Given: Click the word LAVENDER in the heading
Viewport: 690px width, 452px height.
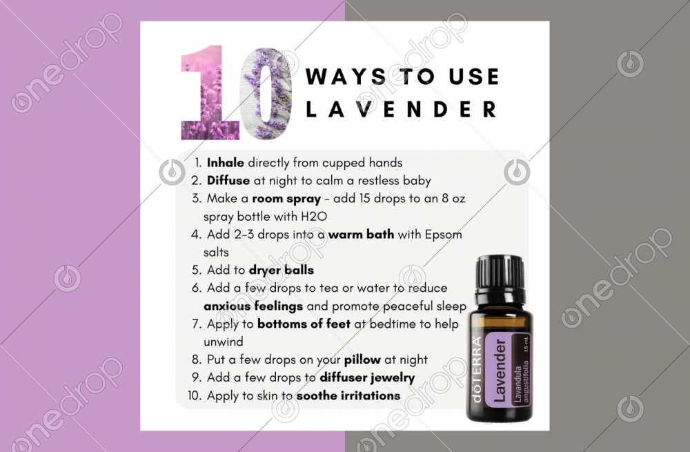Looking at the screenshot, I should point(401,109).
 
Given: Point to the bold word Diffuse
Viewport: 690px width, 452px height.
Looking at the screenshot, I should point(228,181).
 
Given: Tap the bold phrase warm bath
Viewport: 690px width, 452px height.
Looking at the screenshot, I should point(361,235).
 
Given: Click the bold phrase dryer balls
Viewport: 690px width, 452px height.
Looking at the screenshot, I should point(281,271).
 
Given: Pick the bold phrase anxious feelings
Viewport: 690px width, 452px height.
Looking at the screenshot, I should point(253,306).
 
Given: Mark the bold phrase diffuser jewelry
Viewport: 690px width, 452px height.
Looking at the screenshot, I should point(366,377).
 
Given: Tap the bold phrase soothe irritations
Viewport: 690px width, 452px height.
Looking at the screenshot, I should point(348,395).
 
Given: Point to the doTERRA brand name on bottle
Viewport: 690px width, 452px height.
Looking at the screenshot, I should point(477,372).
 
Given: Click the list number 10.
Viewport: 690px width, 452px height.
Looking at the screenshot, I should point(193,395).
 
